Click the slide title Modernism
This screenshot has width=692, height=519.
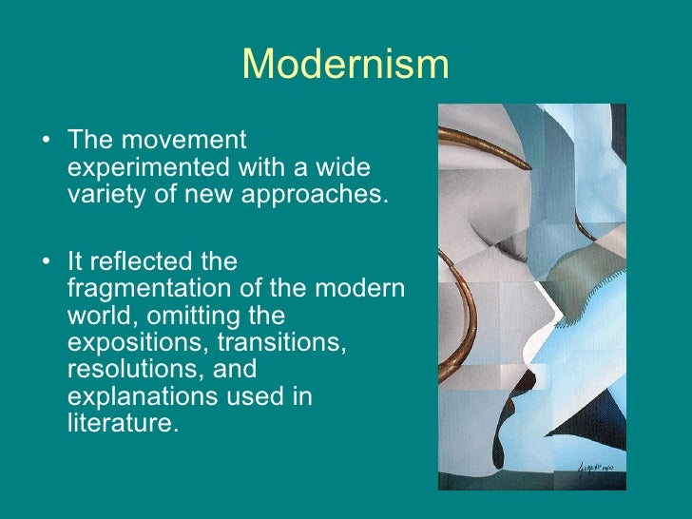(x=345, y=65)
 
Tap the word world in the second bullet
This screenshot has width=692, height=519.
(x=98, y=315)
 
